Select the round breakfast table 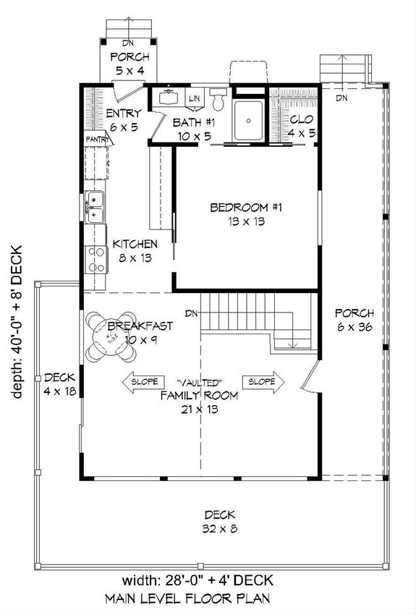pos(111,336)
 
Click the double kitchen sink pos(93,205)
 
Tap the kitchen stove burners pos(94,259)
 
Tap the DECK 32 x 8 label pos(219,521)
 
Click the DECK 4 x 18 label pos(60,384)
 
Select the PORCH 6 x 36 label pos(355,320)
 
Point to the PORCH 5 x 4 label pos(130,64)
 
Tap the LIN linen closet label pos(195,98)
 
